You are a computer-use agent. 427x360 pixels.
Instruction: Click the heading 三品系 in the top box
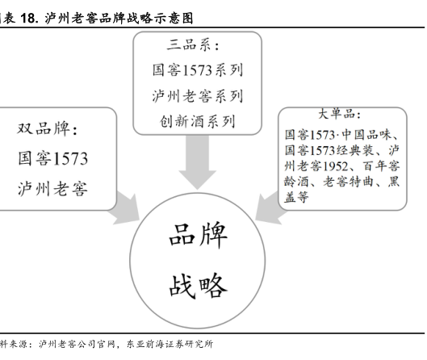(192, 45)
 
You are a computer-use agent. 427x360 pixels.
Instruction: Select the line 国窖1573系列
(198, 70)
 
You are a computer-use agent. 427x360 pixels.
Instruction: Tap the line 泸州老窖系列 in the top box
(198, 96)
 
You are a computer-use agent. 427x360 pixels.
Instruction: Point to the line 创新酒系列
(198, 121)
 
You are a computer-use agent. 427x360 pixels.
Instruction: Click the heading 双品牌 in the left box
(47, 128)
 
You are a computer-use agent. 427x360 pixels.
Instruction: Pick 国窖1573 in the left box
(53, 158)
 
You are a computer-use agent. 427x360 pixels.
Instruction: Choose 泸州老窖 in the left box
(53, 189)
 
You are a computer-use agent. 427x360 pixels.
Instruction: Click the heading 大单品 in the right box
(339, 114)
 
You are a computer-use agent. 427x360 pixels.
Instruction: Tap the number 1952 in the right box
(335, 166)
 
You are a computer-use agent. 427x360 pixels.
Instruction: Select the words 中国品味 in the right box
(366, 135)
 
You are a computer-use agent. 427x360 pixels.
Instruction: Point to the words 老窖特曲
(348, 182)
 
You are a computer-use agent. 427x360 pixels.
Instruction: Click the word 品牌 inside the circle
(198, 236)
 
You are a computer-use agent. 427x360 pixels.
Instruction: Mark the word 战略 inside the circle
(198, 286)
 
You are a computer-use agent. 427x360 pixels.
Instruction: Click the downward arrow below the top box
(198, 162)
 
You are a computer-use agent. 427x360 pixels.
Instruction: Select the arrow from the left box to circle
(125, 209)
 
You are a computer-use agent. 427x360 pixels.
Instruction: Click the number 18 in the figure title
(28, 19)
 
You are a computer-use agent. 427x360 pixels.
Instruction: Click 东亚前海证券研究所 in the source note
(170, 344)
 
